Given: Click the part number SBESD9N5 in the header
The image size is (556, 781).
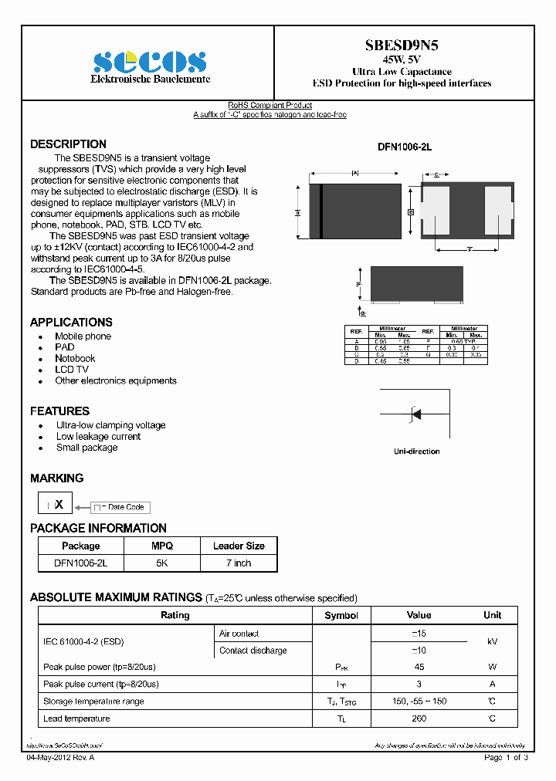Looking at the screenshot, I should (402, 46).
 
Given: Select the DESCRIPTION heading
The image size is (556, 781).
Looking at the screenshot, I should (68, 144).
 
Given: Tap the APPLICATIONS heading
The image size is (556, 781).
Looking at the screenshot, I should (71, 322).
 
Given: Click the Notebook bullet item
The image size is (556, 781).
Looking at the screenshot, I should (75, 358).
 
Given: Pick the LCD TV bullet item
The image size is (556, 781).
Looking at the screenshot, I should (72, 370).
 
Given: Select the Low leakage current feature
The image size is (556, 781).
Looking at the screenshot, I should (98, 436).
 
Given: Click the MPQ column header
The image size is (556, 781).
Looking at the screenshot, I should (161, 546).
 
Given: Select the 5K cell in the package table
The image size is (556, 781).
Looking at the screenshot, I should (161, 563).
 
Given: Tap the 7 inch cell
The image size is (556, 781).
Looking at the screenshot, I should (238, 563).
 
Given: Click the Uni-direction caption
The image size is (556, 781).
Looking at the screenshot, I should (416, 451).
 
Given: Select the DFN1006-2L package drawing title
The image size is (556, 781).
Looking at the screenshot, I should (404, 147).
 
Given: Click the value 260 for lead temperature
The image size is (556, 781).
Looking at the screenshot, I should (419, 718).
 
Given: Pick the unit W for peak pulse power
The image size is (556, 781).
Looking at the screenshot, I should (492, 667).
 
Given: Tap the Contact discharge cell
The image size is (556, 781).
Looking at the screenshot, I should (253, 651).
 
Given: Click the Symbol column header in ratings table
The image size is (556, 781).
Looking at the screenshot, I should (341, 615).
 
